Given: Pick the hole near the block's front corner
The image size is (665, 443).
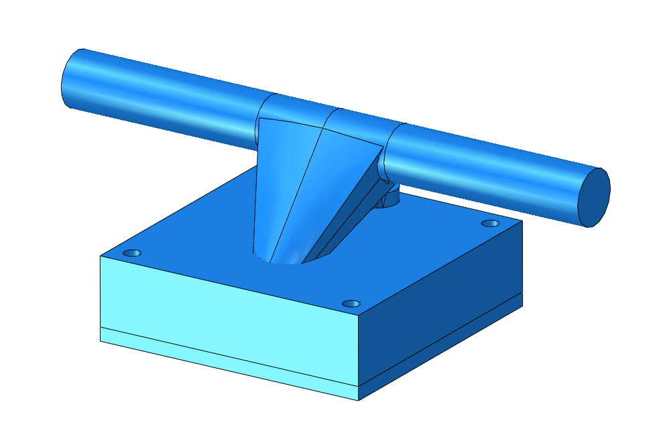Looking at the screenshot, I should pos(351,304).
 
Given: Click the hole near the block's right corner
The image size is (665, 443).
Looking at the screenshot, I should pos(491,223).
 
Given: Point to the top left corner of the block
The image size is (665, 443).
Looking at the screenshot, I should pos(101,256).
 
